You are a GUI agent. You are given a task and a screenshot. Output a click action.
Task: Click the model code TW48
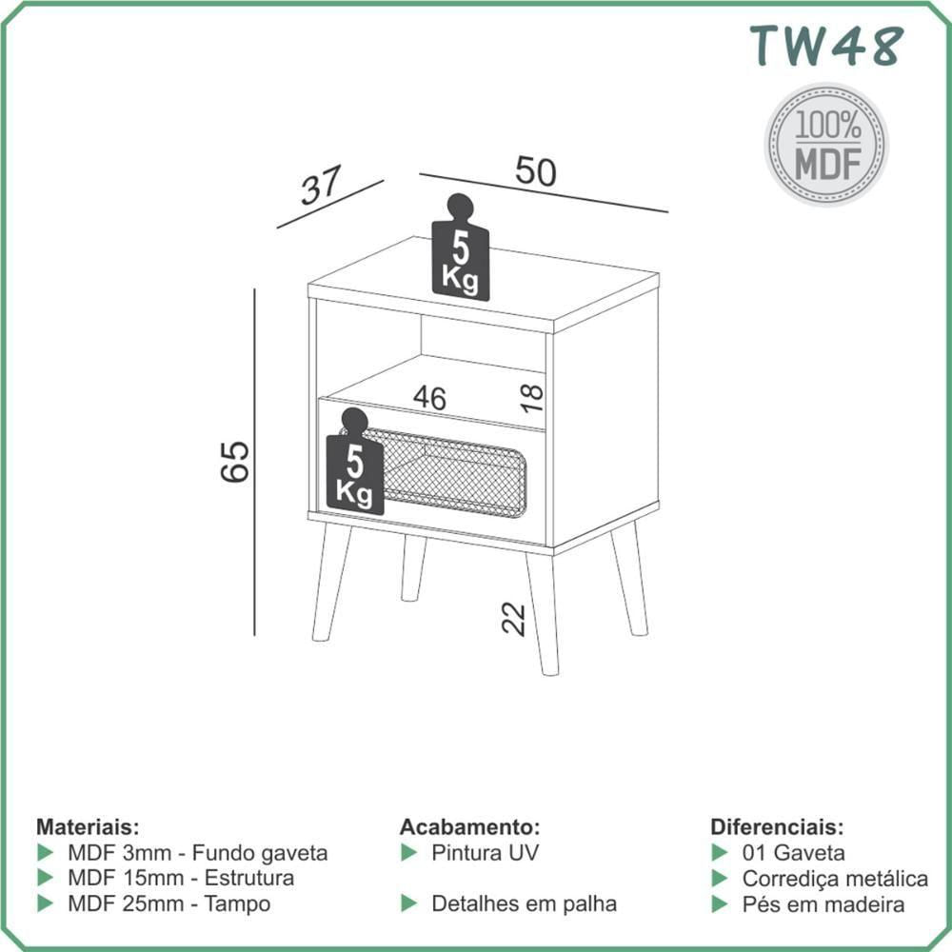826,46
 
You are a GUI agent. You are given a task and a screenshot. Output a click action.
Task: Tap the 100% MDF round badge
826,145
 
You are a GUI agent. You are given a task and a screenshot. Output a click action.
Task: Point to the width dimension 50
535,171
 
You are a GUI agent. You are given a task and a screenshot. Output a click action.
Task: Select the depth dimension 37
321,186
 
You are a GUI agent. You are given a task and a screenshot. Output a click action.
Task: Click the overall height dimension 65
234,462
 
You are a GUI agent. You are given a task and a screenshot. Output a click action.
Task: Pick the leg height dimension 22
514,619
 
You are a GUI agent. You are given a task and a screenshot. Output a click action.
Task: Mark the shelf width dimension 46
430,398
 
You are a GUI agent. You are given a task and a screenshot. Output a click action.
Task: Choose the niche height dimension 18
532,398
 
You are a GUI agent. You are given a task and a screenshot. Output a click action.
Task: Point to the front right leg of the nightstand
543,613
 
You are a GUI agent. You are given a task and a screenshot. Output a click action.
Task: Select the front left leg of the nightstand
331,582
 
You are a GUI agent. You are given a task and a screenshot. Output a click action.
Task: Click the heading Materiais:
88,827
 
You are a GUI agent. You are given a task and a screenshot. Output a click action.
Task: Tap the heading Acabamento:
469,827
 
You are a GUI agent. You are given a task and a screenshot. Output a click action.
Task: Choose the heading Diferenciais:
777,827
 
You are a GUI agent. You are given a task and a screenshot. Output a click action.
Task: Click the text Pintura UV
486,852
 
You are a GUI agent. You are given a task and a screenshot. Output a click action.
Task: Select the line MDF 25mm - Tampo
169,903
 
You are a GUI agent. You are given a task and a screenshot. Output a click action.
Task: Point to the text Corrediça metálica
835,879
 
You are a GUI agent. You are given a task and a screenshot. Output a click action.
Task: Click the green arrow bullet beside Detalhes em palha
409,903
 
